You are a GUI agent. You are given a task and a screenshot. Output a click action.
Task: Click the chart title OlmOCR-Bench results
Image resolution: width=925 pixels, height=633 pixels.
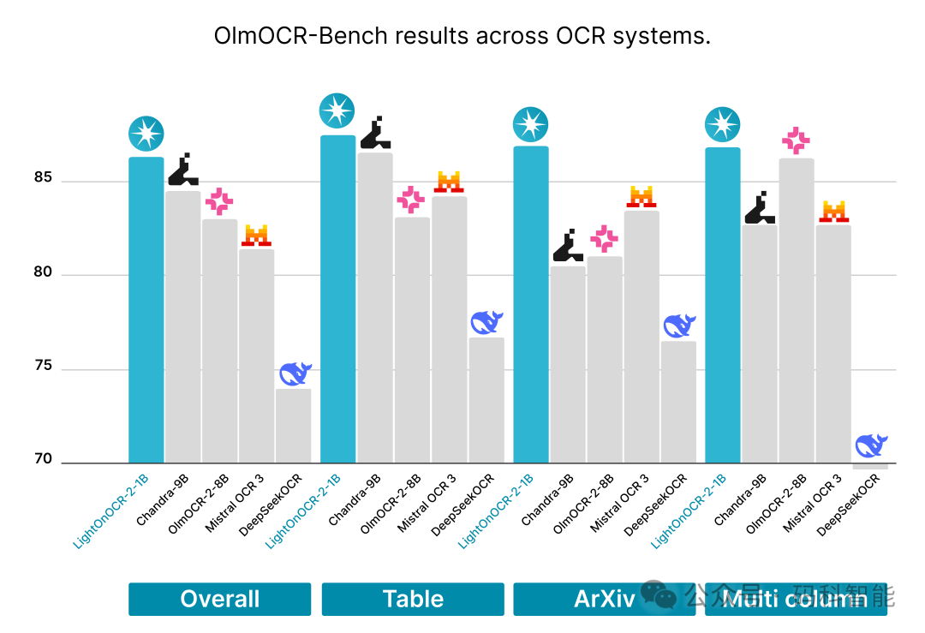(462, 37)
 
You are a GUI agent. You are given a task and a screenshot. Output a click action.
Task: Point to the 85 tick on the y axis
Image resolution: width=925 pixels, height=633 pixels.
(43, 179)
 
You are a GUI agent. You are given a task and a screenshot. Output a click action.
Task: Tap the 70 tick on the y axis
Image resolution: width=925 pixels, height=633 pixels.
(43, 460)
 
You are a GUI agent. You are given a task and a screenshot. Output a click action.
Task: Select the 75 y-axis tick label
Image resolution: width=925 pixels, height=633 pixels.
(43, 367)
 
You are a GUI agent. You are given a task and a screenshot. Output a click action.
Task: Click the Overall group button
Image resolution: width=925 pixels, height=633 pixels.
(219, 599)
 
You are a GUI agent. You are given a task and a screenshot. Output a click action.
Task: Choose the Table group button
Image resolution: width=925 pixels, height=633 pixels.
(412, 599)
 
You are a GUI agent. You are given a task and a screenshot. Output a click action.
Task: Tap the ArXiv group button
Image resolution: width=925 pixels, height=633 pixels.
(604, 599)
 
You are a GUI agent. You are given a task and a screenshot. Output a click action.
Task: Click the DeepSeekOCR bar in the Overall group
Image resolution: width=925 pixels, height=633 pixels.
(293, 426)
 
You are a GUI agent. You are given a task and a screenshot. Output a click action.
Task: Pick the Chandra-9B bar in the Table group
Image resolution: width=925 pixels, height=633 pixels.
(374, 308)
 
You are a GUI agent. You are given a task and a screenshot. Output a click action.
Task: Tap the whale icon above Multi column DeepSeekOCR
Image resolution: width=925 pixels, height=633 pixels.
(870, 446)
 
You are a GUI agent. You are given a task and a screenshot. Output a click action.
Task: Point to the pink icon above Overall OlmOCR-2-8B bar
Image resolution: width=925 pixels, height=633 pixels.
(219, 202)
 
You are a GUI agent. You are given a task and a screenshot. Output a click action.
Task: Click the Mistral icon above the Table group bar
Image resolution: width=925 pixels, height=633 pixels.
(449, 182)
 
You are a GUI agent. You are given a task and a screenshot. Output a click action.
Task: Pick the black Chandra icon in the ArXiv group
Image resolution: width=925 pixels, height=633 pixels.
(567, 247)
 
